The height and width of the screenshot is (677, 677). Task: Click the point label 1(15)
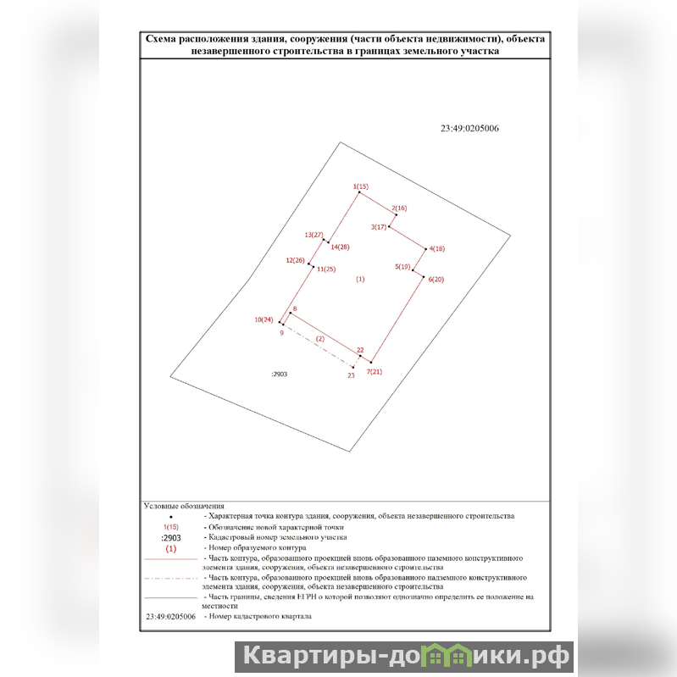(360, 186)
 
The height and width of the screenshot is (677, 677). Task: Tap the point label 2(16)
(399, 208)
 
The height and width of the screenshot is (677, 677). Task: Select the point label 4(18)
(437, 249)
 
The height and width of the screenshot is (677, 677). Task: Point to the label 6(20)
(436, 280)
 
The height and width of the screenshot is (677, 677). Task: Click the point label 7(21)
(375, 372)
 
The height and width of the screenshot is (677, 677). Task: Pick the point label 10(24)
(264, 320)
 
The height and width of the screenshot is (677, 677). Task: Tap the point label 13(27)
(314, 235)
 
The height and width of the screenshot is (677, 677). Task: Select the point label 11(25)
(326, 269)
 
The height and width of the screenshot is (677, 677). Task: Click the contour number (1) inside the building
(360, 280)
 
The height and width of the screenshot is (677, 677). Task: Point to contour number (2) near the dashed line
(320, 339)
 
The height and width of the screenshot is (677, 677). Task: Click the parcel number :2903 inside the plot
(280, 375)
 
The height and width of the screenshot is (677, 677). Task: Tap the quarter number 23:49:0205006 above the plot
(469, 128)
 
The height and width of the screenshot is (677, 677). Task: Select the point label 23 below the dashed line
(351, 375)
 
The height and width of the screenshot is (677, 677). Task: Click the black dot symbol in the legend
(171, 517)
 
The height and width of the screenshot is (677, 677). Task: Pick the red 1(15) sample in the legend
(171, 527)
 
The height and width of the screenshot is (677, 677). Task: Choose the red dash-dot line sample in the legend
(171, 578)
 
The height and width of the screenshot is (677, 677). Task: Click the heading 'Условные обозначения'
(184, 506)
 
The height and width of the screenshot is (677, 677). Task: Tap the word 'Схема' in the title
(161, 39)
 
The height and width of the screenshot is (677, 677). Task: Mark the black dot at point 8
(290, 314)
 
